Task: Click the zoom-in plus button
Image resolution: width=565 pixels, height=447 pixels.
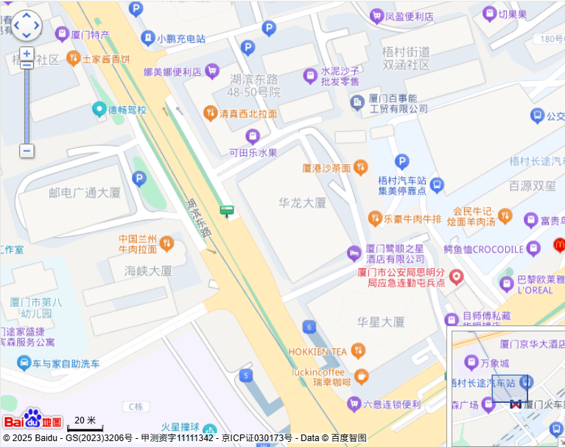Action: (x=27, y=54)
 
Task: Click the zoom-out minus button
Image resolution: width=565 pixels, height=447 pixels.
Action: (x=27, y=151)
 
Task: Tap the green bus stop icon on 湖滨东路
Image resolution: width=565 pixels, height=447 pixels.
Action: (x=226, y=211)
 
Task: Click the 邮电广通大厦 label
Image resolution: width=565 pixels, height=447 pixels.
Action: (x=85, y=193)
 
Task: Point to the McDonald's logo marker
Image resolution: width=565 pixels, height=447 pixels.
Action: (x=558, y=244)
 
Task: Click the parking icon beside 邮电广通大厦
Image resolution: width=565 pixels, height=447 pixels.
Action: (x=139, y=178)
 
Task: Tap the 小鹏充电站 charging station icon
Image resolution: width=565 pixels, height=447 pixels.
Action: (x=147, y=38)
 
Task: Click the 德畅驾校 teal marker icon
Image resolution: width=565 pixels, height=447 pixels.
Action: (x=99, y=110)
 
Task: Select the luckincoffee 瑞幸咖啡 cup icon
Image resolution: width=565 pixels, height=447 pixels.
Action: (x=361, y=376)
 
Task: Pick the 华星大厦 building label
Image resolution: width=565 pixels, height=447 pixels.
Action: (x=381, y=322)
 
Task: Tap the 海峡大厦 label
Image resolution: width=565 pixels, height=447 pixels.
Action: (x=148, y=270)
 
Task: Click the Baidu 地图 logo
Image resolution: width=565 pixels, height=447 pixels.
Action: (x=32, y=420)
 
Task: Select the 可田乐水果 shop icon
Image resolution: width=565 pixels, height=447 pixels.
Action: (x=253, y=136)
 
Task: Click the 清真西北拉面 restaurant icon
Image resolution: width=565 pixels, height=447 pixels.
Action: (x=209, y=113)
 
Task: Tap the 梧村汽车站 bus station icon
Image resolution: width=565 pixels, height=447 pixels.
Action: (x=438, y=184)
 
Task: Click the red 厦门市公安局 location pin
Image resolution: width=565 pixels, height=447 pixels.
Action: (x=457, y=277)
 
